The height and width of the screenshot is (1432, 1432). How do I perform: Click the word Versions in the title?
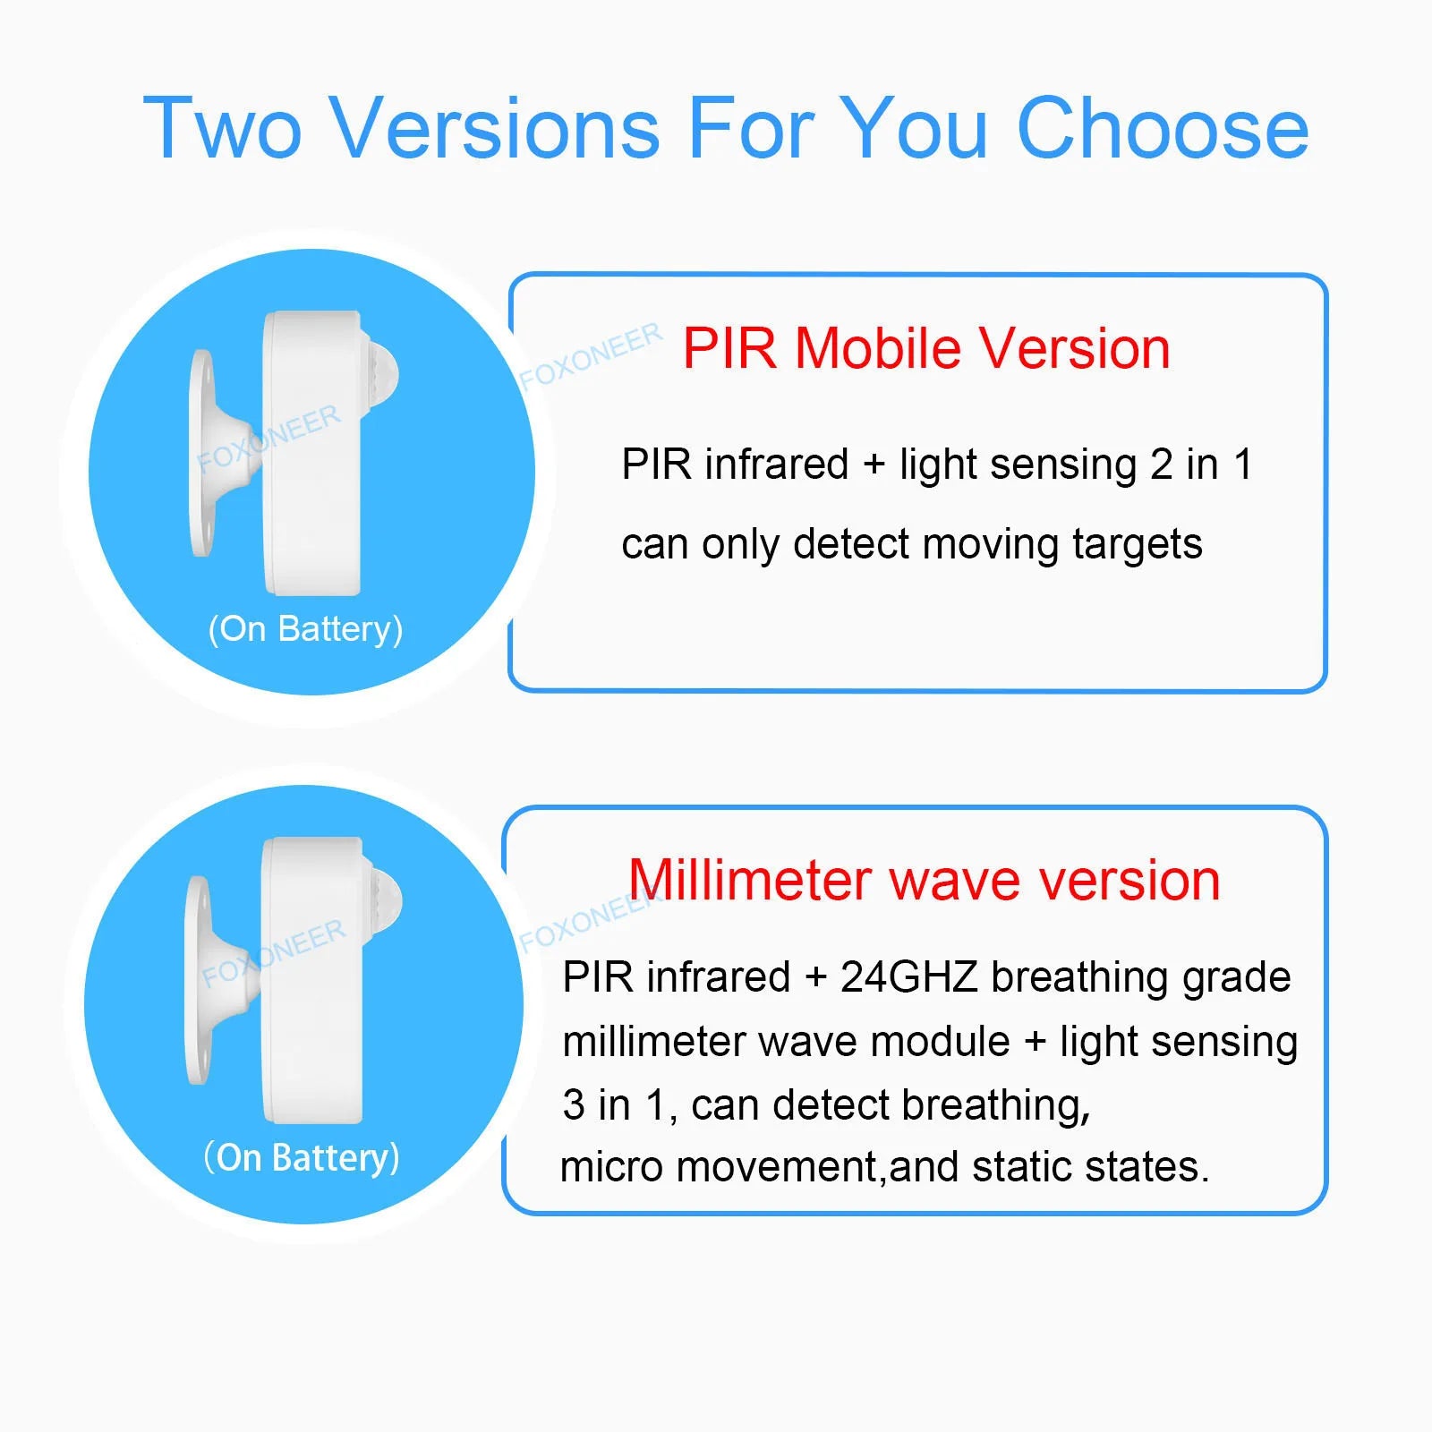pos(496,129)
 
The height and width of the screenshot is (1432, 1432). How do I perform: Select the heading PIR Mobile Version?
pos(926,348)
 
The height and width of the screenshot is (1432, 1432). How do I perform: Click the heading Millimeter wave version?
pos(924,881)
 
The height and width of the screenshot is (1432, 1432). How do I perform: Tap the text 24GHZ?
pos(908,976)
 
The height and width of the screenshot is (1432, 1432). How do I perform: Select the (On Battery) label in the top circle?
pos(305,629)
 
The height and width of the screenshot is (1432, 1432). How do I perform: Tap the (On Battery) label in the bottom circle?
pos(302,1157)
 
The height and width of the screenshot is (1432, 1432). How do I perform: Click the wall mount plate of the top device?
pos(202,452)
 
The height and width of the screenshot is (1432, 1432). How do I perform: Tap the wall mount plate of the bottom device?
pos(198,980)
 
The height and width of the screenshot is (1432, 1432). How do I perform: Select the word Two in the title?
pos(223,129)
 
